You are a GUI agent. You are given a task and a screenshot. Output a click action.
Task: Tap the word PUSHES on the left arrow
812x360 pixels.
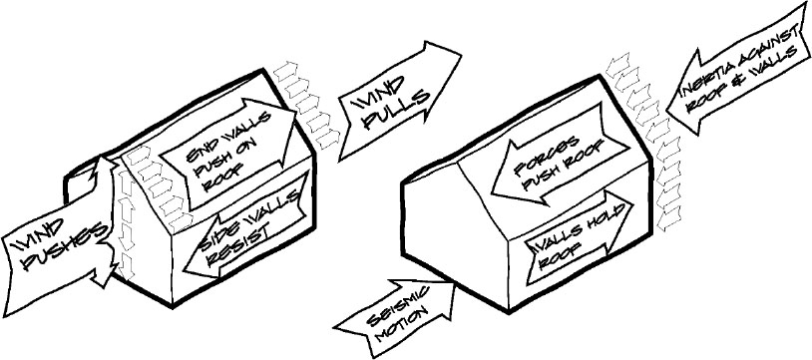(x=62, y=249)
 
